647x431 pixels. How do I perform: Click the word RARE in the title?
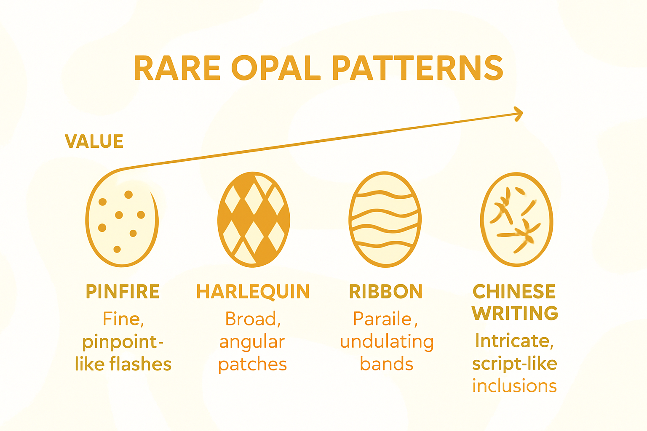pyautogui.click(x=177, y=68)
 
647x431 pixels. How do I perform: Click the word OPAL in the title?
pyautogui.click(x=276, y=68)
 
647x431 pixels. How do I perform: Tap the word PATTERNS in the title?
pyautogui.click(x=417, y=68)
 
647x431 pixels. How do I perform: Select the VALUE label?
pyautogui.click(x=94, y=141)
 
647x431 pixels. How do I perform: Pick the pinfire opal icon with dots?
pyautogui.click(x=122, y=219)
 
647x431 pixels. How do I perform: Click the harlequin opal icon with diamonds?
pyautogui.click(x=254, y=219)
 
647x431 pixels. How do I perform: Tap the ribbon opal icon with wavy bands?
pyautogui.click(x=385, y=219)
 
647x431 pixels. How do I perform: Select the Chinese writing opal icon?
pyautogui.click(x=516, y=219)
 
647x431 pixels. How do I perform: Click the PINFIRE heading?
pyautogui.click(x=123, y=292)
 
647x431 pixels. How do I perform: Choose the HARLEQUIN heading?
pyautogui.click(x=253, y=292)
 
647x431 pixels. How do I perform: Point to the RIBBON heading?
pyautogui.click(x=385, y=292)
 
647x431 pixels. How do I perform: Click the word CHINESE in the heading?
pyautogui.click(x=514, y=291)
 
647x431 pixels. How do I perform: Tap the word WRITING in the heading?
pyautogui.click(x=515, y=313)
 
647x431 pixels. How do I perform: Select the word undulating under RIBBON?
pyautogui.click(x=387, y=342)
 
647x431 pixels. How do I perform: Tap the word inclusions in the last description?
pyautogui.click(x=514, y=386)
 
